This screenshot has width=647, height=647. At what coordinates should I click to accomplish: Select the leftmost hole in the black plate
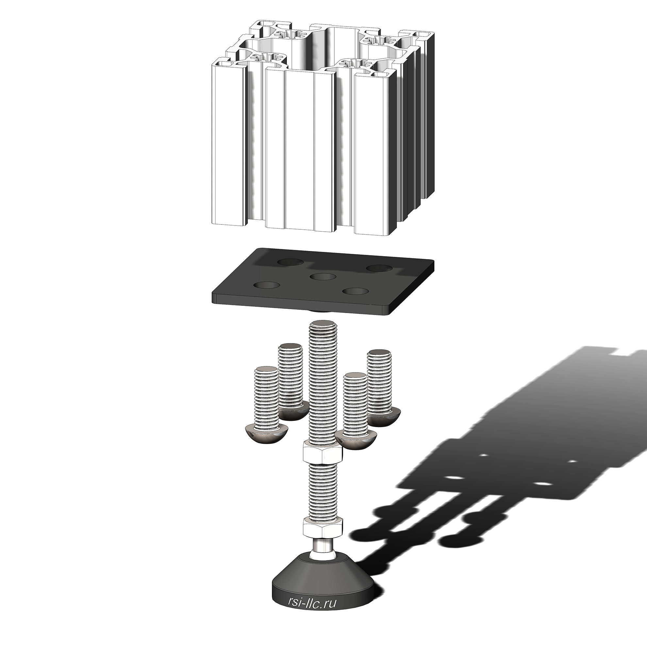[x=267, y=286]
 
